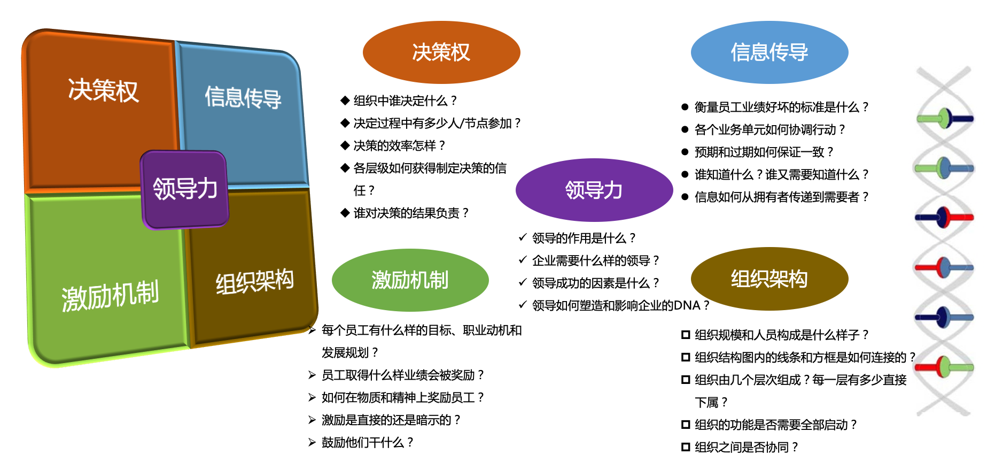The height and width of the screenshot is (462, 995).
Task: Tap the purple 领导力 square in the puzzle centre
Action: [x=185, y=189]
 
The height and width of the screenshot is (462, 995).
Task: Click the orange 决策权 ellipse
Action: [x=441, y=52]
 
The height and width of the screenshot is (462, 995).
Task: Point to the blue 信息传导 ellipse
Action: [x=769, y=52]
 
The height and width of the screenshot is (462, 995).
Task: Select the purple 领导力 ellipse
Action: [x=594, y=190]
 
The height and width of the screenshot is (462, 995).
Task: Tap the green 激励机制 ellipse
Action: [x=410, y=280]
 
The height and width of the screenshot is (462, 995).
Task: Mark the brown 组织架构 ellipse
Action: [x=769, y=279]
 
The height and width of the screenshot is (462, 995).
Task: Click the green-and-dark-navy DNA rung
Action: [x=945, y=119]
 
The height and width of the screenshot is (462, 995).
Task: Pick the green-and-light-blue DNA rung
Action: [x=944, y=168]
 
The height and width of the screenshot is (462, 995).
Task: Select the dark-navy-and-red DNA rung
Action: [x=944, y=217]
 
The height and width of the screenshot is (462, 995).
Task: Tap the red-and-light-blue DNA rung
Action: [x=944, y=267]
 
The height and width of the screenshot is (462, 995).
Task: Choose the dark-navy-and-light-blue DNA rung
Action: [x=944, y=317]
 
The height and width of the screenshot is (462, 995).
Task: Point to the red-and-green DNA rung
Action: [x=944, y=367]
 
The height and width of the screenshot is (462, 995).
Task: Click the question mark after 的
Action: [x=912, y=357]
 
